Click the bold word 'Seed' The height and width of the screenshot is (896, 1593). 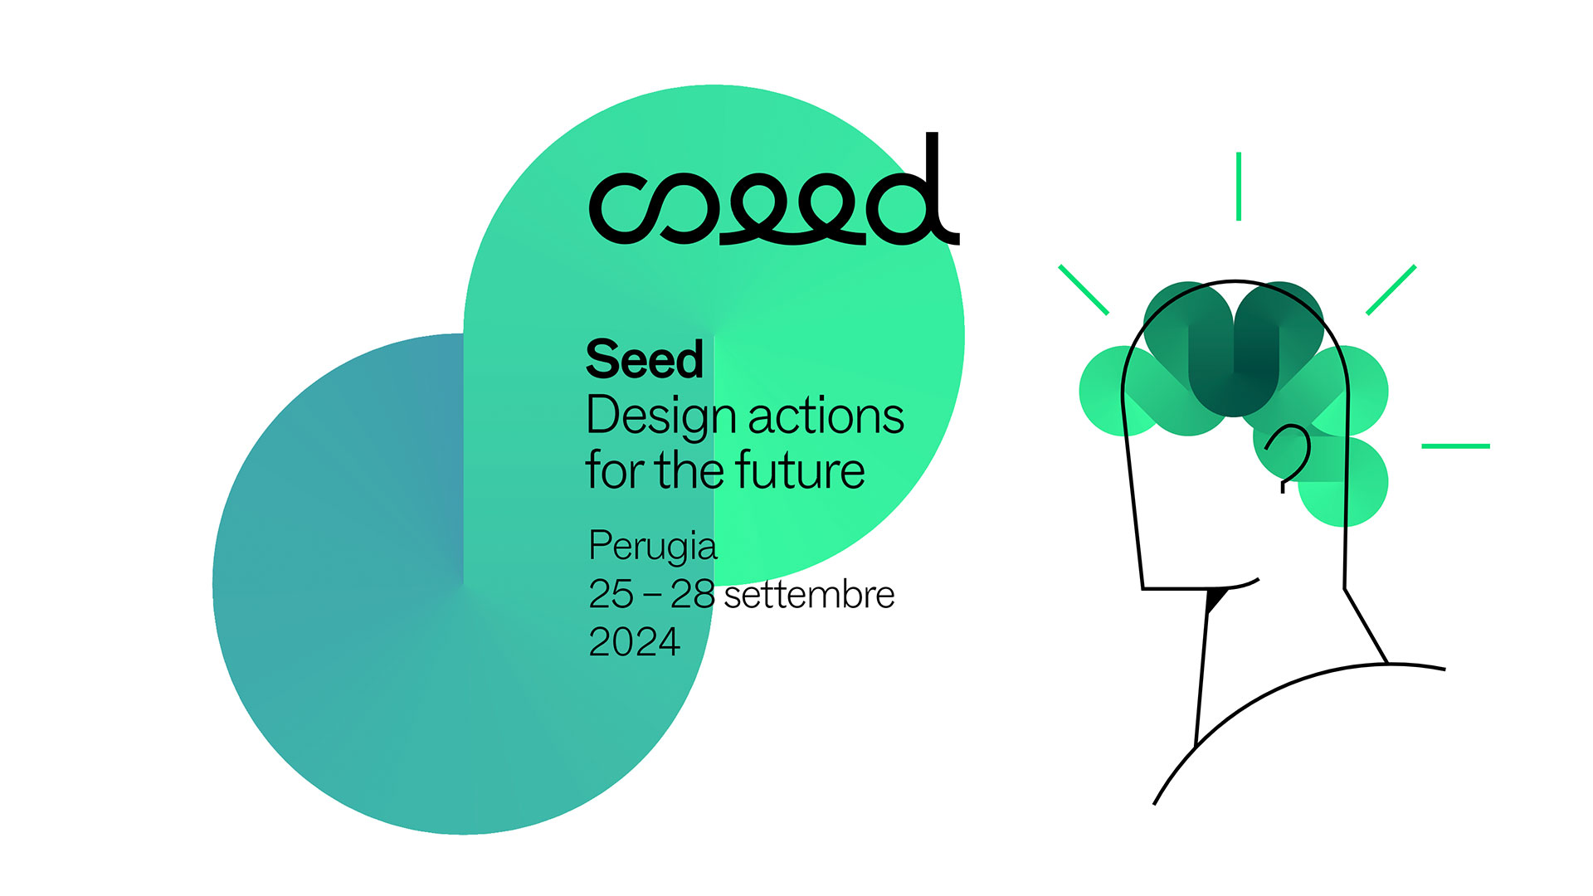[x=644, y=360]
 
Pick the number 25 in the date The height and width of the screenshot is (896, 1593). [x=611, y=594]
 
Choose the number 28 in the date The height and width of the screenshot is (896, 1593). [x=692, y=594]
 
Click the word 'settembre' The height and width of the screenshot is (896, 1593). [x=809, y=595]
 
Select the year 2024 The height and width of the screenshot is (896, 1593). [x=634, y=642]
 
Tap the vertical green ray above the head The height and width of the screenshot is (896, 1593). [x=1238, y=186]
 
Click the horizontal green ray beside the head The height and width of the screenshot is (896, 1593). [x=1455, y=446]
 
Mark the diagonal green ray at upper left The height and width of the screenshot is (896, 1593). [x=1084, y=290]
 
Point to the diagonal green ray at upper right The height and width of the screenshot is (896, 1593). [x=1391, y=290]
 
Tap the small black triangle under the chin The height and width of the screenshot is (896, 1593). [x=1215, y=597]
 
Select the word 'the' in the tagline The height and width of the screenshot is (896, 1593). [x=690, y=470]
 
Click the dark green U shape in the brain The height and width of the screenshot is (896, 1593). [x=1234, y=365]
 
